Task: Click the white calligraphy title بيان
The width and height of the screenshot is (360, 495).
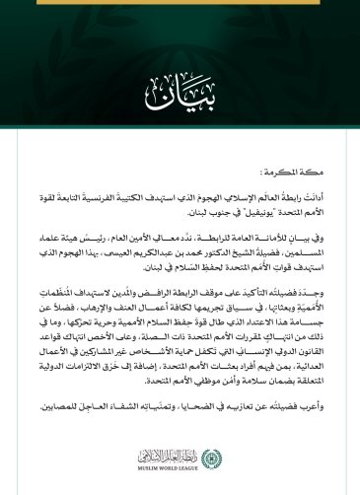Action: (179, 96)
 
